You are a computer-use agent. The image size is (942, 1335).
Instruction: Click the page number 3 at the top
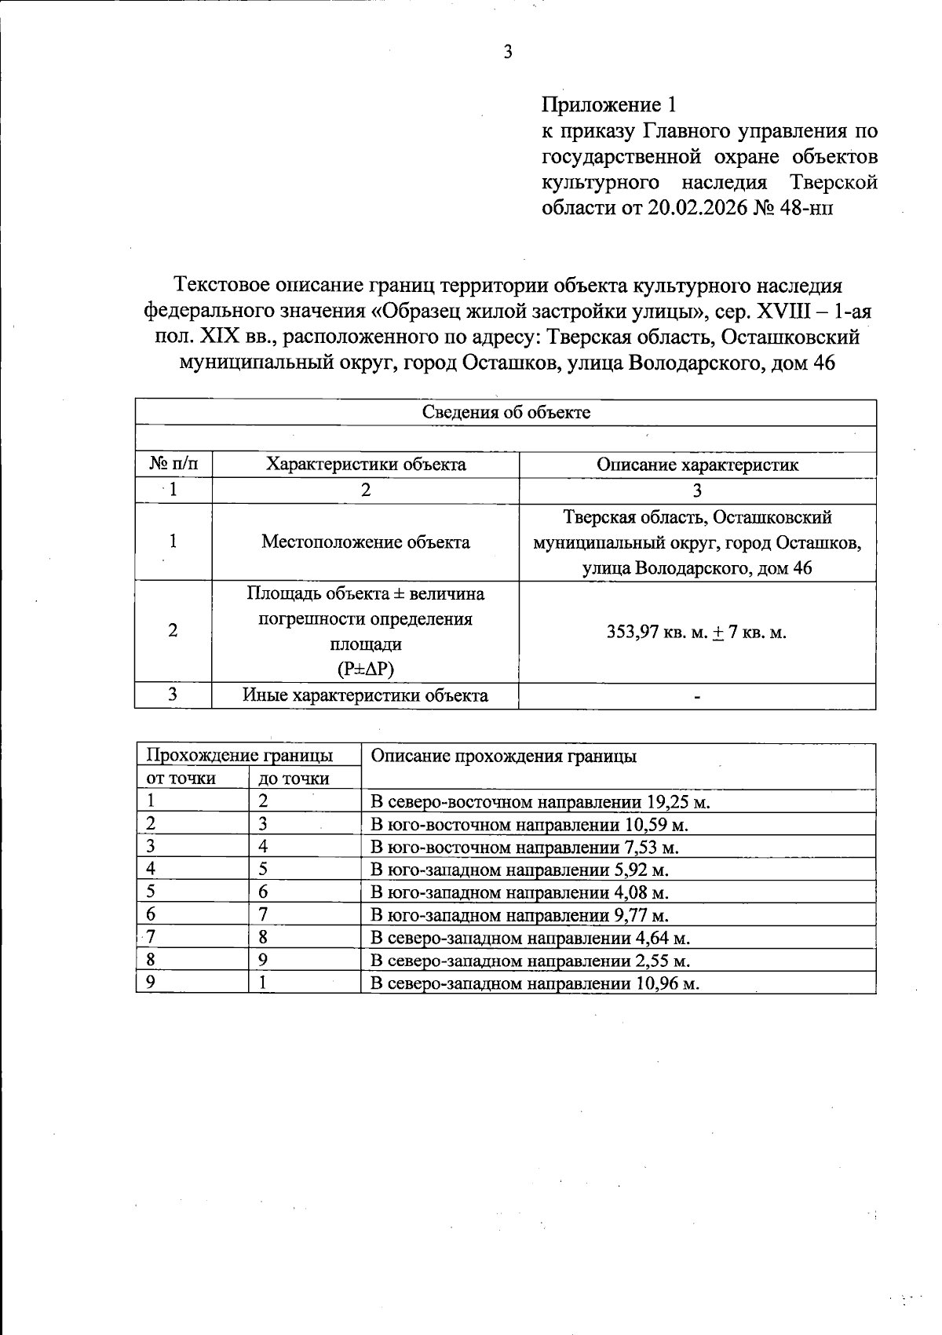(x=507, y=53)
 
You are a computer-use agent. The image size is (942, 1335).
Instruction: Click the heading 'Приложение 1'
(x=608, y=104)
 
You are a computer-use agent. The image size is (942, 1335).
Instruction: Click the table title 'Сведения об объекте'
(x=506, y=412)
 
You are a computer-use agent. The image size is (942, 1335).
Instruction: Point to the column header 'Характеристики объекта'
(x=366, y=465)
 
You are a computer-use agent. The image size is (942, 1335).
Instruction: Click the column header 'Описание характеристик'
(x=697, y=465)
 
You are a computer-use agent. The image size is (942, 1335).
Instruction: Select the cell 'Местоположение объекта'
(x=366, y=542)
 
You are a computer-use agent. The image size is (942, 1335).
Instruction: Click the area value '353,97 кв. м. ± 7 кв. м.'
(x=697, y=632)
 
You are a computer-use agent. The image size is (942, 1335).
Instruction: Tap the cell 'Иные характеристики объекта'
(x=366, y=695)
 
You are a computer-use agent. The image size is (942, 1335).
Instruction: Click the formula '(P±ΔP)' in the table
(x=366, y=669)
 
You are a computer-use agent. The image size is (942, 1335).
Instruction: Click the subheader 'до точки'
(x=294, y=779)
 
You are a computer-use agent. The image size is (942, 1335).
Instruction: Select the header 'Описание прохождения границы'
(x=503, y=756)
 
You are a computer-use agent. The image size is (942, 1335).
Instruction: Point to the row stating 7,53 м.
(x=524, y=848)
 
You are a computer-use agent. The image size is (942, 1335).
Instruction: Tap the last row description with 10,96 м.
(x=535, y=983)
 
